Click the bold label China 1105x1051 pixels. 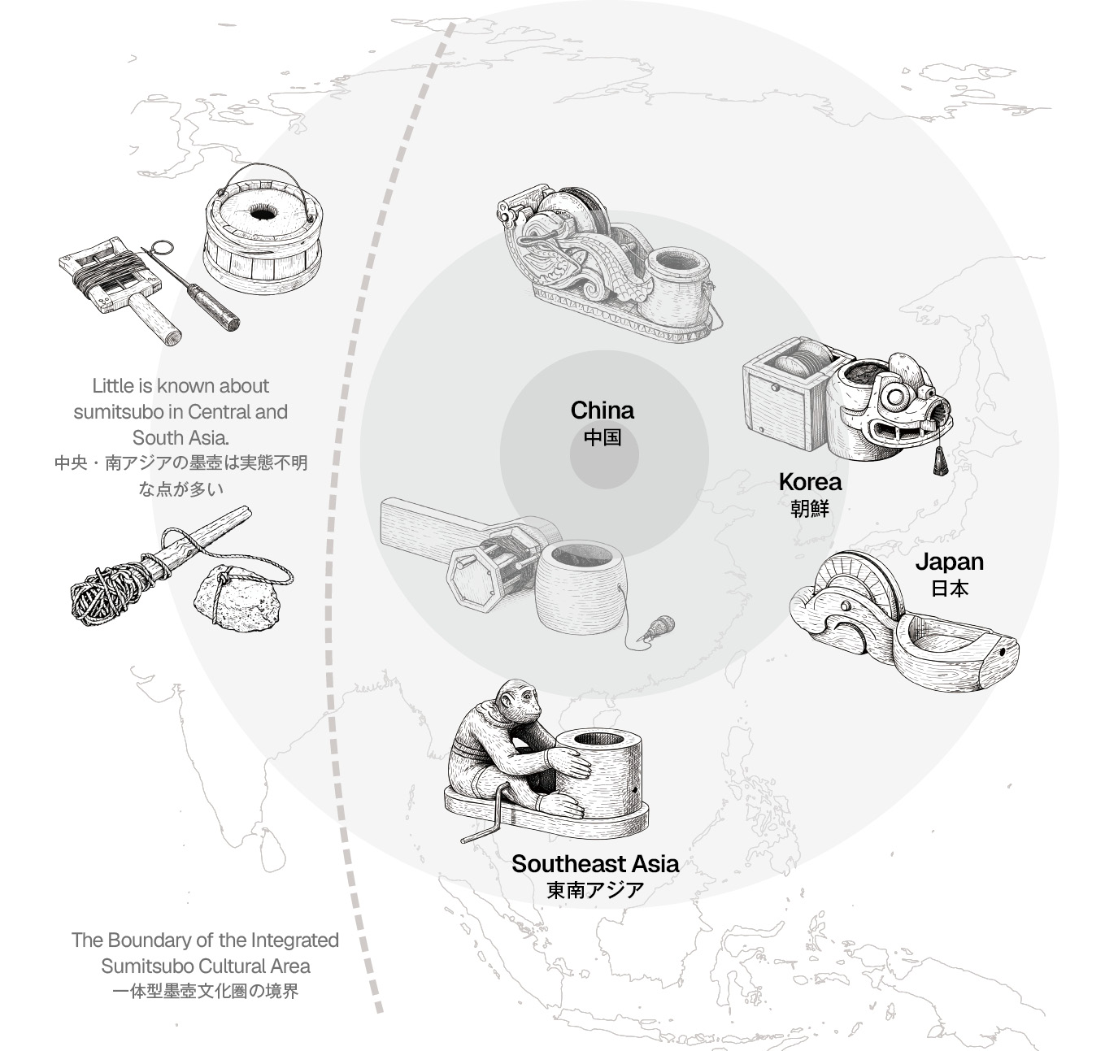click(602, 410)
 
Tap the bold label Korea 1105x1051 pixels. click(809, 482)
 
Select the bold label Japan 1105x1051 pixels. click(949, 562)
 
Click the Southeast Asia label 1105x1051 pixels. click(595, 863)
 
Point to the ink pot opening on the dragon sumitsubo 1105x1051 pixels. click(675, 265)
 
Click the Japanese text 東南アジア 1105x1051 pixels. click(595, 890)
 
